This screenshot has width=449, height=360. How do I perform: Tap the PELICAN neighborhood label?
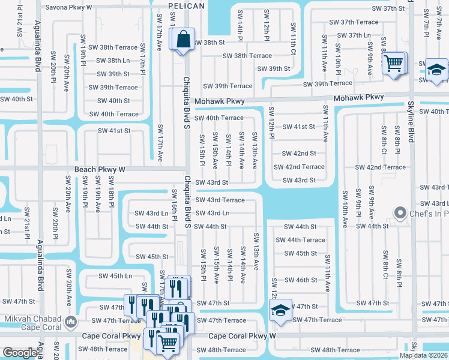187,6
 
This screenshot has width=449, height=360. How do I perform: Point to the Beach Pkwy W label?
100,170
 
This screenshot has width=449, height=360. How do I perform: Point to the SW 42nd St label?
299,154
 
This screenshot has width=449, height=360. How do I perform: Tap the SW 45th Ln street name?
115,276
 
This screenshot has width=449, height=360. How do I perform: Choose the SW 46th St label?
300,280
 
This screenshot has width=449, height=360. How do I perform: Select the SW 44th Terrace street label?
300,240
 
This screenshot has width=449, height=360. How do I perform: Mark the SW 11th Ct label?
294,37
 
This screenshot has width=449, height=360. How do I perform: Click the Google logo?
20,352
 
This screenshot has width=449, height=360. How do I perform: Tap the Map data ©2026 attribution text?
424,355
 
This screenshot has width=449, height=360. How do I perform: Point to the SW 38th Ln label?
113,61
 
